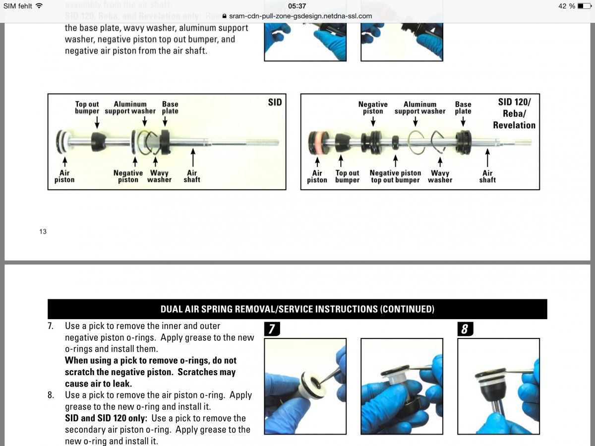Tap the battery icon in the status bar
tap(584, 6)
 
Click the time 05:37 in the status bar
tap(297, 6)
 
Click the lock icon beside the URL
tap(224, 16)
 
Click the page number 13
tap(43, 231)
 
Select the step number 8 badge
tap(464, 329)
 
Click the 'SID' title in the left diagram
tap(275, 102)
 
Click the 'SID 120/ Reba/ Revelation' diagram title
tap(514, 113)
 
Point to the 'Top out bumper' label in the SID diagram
tap(87, 108)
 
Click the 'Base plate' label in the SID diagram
tap(170, 108)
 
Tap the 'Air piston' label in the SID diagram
tap(64, 176)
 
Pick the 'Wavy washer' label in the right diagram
tap(440, 176)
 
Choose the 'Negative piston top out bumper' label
tap(395, 176)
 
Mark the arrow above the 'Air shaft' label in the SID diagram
tap(192, 160)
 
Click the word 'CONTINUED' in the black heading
tap(407, 309)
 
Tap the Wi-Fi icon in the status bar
tap(39, 6)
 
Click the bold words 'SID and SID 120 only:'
tap(106, 418)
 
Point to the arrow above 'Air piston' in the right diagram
tap(317, 162)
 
